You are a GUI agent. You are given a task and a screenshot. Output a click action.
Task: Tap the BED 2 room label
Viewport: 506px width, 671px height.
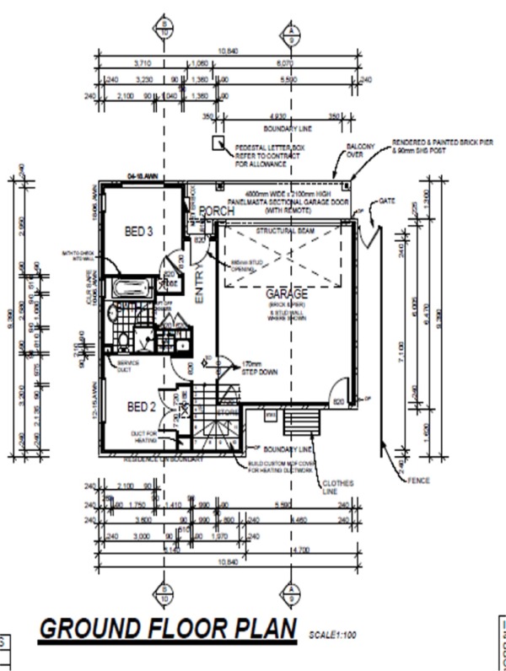click(141, 407)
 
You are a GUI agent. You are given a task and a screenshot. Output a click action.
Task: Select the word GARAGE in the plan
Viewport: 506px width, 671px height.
click(287, 294)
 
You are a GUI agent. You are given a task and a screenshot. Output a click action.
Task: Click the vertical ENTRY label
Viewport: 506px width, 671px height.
click(200, 286)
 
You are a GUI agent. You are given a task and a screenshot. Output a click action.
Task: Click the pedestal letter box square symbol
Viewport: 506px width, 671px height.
click(217, 145)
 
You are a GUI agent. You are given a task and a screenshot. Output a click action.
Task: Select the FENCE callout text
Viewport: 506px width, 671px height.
click(417, 480)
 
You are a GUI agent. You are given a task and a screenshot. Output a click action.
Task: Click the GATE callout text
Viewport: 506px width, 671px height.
click(387, 201)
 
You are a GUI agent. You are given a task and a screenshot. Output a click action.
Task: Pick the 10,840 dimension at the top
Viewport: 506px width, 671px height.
click(228, 51)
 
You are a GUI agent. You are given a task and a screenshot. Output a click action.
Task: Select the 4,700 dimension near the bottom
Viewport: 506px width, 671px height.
click(299, 550)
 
